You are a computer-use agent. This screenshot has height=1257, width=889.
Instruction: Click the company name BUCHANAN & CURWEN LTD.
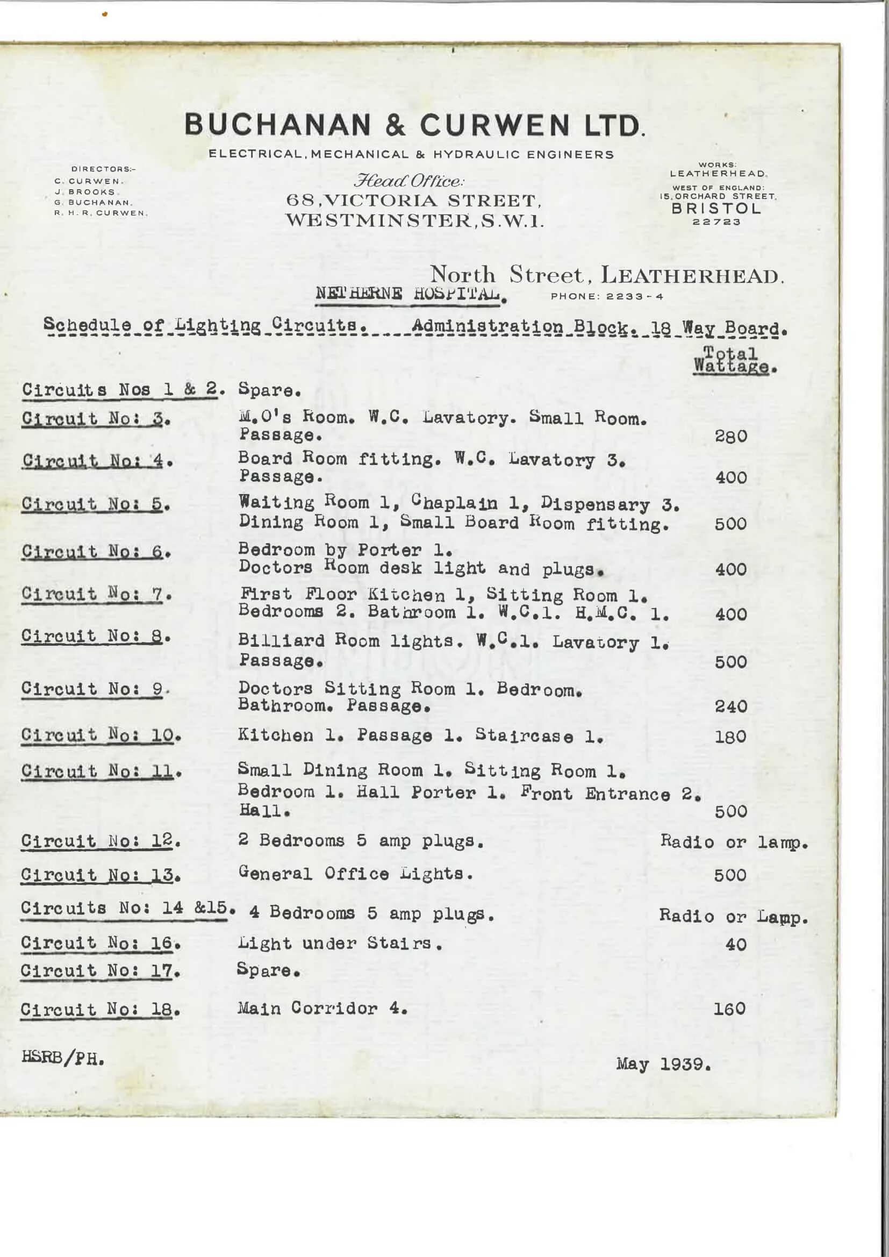pos(414,125)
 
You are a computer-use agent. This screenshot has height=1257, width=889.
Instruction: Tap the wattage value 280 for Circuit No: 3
pos(731,437)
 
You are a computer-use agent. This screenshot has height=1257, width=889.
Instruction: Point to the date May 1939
pos(663,1065)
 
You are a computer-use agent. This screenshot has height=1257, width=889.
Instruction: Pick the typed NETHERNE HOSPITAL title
pos(410,294)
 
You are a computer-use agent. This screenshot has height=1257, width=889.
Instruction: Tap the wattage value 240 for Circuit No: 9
pos(731,706)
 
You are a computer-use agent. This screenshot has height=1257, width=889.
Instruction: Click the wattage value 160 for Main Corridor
pos(729,1009)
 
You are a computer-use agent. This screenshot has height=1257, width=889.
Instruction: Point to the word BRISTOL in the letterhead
pos(716,209)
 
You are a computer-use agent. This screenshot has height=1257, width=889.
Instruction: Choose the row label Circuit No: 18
pos(100,1009)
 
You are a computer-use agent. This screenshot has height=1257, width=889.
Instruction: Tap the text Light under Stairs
pos(340,943)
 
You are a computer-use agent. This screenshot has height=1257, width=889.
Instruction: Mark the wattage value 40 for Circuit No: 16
pos(736,945)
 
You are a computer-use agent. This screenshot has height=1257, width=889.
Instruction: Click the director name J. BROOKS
pos(84,191)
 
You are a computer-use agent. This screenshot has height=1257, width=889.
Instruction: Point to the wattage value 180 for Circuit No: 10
pos(730,737)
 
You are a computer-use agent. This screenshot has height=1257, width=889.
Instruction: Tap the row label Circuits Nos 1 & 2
pos(124,390)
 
